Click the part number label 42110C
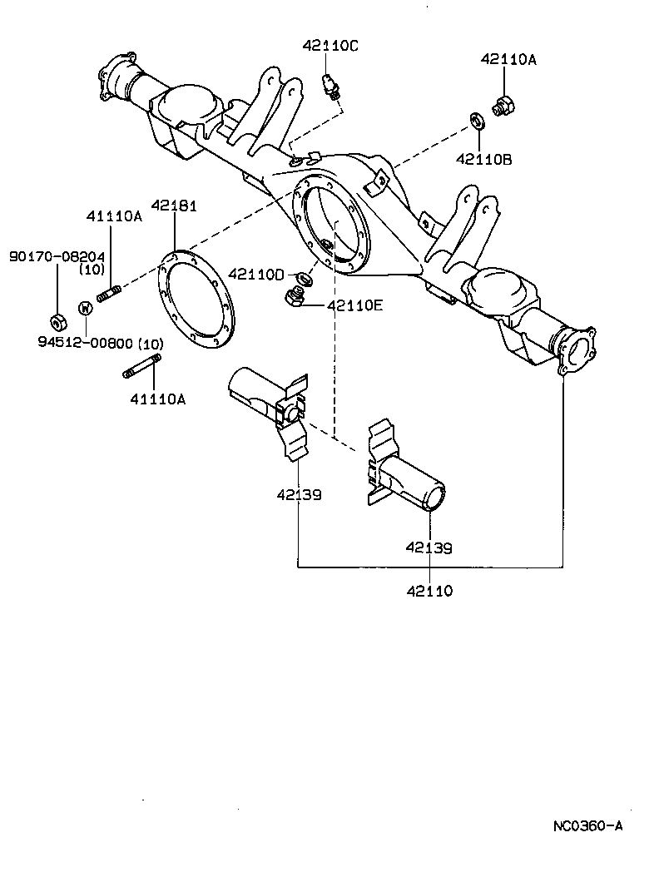pyautogui.click(x=330, y=47)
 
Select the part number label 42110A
pyautogui.click(x=508, y=59)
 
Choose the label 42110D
pyautogui.click(x=256, y=274)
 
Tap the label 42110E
pyautogui.click(x=354, y=305)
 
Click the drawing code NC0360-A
pyautogui.click(x=587, y=826)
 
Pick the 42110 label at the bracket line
pyautogui.click(x=429, y=591)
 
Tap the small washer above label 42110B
pyautogui.click(x=478, y=121)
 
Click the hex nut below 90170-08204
pyautogui.click(x=57, y=320)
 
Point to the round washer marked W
pyautogui.click(x=85, y=308)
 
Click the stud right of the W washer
pyautogui.click(x=111, y=294)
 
